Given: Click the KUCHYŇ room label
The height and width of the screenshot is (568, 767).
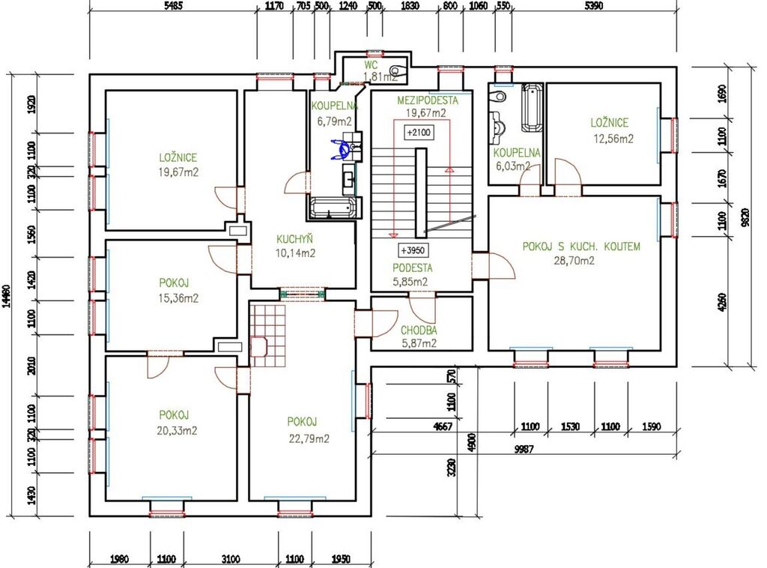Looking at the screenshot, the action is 294,239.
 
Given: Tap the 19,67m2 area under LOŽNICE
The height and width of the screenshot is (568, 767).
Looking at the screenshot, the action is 178,172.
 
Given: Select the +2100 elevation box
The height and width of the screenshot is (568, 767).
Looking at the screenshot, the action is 419,133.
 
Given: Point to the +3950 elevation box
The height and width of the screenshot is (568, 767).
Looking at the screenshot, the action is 413,250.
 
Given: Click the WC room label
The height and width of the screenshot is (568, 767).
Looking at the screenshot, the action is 372,65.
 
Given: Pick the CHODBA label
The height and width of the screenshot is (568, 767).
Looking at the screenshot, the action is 419,330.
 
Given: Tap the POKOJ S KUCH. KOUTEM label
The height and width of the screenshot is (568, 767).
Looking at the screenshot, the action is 581,247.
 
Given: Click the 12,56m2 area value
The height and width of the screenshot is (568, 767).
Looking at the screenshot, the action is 613,139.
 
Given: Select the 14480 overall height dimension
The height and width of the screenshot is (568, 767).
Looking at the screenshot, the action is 6,296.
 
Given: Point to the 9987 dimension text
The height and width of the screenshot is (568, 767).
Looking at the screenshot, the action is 524,449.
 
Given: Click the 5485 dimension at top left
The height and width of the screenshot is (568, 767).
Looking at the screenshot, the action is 173,6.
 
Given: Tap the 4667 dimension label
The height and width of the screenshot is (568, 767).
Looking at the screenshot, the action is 443,426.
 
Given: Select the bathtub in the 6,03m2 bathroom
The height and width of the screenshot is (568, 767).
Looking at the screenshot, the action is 532,108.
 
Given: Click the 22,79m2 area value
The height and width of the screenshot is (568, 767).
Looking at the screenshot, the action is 309,439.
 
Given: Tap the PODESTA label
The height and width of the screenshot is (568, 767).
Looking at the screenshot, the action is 413,268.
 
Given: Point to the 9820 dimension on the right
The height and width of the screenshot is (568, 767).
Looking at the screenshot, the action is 745,217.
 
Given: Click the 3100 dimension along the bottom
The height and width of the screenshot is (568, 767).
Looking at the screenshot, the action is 231,559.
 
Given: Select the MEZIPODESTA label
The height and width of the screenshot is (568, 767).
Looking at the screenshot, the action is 428,100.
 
